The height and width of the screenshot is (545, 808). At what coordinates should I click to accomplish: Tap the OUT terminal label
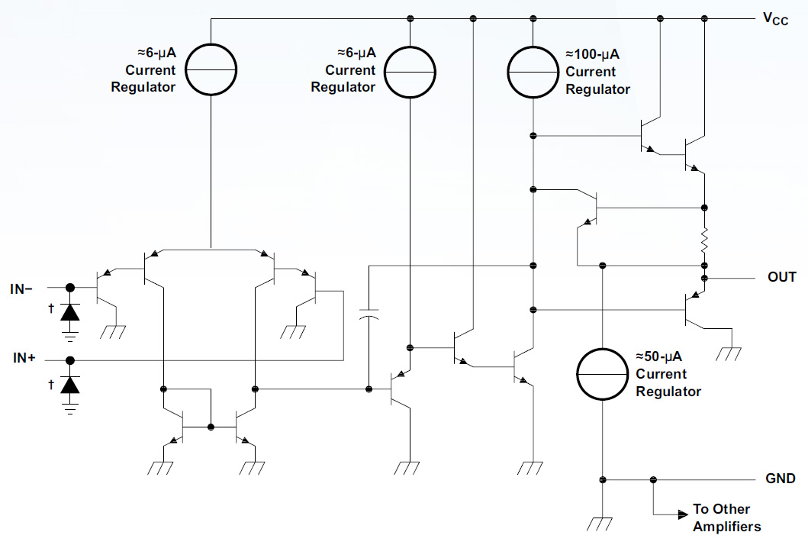point(781,276)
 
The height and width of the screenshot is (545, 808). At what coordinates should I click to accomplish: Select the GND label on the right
point(781,479)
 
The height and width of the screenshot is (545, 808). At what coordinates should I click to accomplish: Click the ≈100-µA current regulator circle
point(534,71)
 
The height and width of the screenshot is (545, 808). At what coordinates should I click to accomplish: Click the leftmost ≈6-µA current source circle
point(209,70)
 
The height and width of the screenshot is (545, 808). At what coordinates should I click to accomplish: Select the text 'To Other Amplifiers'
point(726,518)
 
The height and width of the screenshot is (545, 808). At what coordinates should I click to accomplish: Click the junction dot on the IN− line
point(70,288)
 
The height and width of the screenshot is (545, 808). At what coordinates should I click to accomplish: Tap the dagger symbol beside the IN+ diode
point(50,384)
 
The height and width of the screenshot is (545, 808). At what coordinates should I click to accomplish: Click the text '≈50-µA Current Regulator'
point(668,374)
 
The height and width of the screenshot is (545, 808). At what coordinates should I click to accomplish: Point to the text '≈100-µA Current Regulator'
point(597,72)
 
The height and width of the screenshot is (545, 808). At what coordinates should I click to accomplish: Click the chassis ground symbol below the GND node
point(603,523)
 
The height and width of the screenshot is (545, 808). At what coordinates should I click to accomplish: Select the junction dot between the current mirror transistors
point(211,426)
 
